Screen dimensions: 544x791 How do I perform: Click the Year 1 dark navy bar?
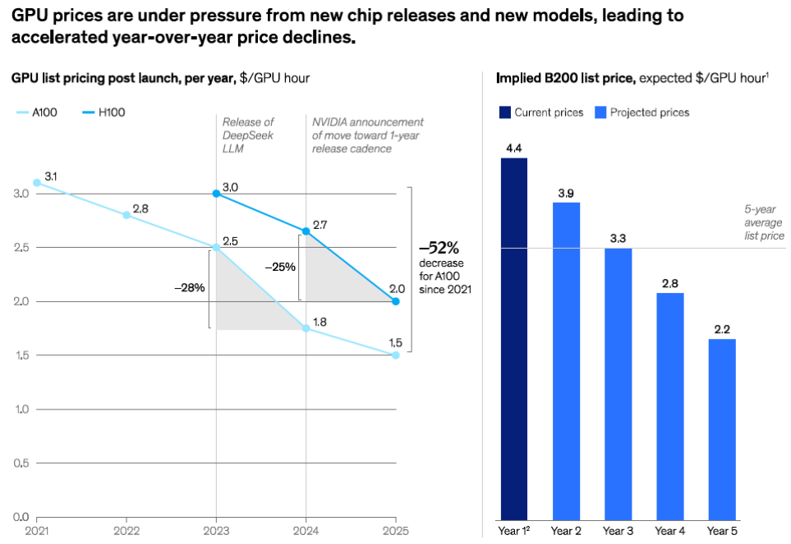click(514, 338)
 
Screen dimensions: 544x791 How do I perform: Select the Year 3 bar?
click(619, 383)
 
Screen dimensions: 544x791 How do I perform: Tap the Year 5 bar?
click(722, 428)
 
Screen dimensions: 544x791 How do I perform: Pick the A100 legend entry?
click(36, 112)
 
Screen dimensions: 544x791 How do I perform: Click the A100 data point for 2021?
click(36, 182)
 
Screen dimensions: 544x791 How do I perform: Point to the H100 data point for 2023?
click(216, 194)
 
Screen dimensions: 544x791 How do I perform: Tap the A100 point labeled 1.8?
click(306, 328)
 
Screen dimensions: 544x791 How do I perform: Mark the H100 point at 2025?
click(396, 301)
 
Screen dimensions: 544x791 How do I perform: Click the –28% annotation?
click(190, 288)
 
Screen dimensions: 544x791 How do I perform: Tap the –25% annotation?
click(279, 266)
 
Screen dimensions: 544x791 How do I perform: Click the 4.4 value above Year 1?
click(514, 149)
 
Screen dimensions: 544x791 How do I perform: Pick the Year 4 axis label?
click(670, 530)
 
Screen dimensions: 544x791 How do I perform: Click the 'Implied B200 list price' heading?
click(566, 78)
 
